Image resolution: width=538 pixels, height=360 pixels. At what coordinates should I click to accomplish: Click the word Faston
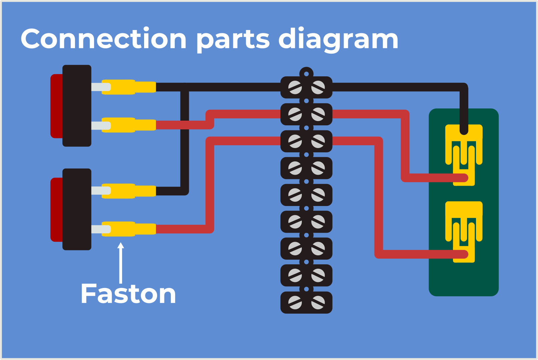coord(128,294)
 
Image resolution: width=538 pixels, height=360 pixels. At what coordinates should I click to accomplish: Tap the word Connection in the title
coord(103,39)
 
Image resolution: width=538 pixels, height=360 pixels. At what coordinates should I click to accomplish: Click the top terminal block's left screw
coord(295,87)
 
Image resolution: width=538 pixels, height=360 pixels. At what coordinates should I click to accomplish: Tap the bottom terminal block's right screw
coord(318,302)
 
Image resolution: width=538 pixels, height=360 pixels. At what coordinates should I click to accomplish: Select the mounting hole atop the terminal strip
coord(306,74)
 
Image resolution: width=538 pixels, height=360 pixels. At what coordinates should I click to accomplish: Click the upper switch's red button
coord(56,106)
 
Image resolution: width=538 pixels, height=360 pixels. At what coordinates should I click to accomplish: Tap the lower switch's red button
coord(56,209)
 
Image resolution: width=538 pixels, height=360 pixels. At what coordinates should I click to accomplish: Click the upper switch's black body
coord(77,106)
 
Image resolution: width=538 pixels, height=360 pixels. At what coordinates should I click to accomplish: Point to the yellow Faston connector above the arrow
coord(128,229)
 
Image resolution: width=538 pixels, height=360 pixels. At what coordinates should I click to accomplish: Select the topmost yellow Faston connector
coord(128,87)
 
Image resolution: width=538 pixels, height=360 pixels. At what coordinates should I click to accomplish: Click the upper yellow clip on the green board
coord(464,147)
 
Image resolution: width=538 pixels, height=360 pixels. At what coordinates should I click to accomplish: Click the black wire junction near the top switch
coord(185,87)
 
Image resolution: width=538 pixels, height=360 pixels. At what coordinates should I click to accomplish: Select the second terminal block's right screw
coord(318,114)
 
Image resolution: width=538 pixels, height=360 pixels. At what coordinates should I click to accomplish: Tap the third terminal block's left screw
coord(295,141)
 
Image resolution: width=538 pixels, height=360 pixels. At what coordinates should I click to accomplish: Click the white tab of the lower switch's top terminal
coord(100,191)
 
